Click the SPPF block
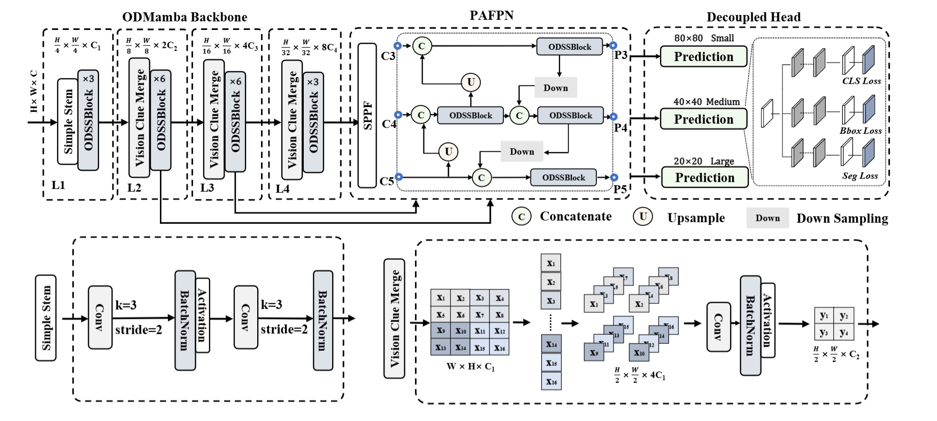[x=367, y=115]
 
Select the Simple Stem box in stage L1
[x=68, y=122]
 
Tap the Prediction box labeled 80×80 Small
[x=703, y=57]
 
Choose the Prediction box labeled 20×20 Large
[x=704, y=177]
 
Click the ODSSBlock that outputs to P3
[x=570, y=47]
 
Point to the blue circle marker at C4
[x=398, y=115]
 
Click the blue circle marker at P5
[x=614, y=177]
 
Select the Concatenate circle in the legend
[x=521, y=216]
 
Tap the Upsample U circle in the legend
[x=643, y=216]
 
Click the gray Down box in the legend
[x=767, y=218]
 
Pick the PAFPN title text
[x=491, y=16]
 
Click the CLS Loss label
[x=862, y=81]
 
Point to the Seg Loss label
[x=860, y=176]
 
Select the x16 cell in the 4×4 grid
[x=500, y=348]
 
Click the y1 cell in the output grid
[x=824, y=315]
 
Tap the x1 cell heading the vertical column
[x=551, y=264]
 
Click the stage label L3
[x=207, y=187]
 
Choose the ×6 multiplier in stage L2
[x=159, y=79]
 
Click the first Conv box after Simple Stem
[x=100, y=317]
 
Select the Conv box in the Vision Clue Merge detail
[x=718, y=327]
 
